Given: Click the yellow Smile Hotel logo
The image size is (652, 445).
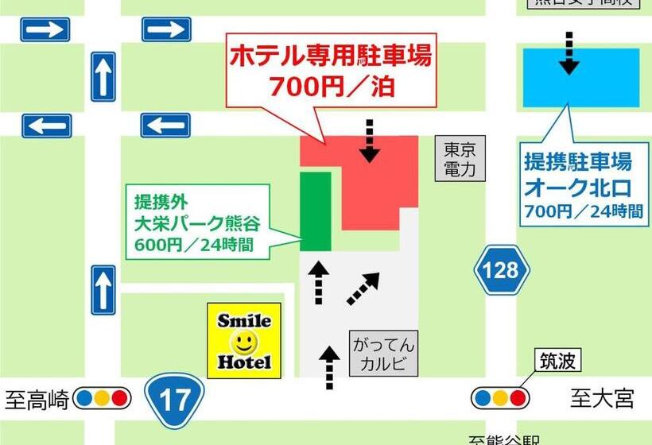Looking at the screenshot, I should pos(244,340).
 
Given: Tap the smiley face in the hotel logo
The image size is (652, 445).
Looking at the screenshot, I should pos(244,342).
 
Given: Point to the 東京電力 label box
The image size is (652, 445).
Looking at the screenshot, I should pos(460,159).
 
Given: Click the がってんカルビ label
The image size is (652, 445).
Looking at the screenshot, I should pos(383,356).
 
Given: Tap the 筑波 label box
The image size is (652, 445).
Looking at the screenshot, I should pos(557,362).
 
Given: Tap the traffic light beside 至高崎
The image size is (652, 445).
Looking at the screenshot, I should pos(102,397).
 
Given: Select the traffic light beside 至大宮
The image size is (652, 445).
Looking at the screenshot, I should pos(500,397).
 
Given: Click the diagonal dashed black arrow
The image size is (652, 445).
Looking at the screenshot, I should pos(363,288).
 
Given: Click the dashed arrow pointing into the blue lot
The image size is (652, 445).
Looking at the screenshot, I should pos(569,52).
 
